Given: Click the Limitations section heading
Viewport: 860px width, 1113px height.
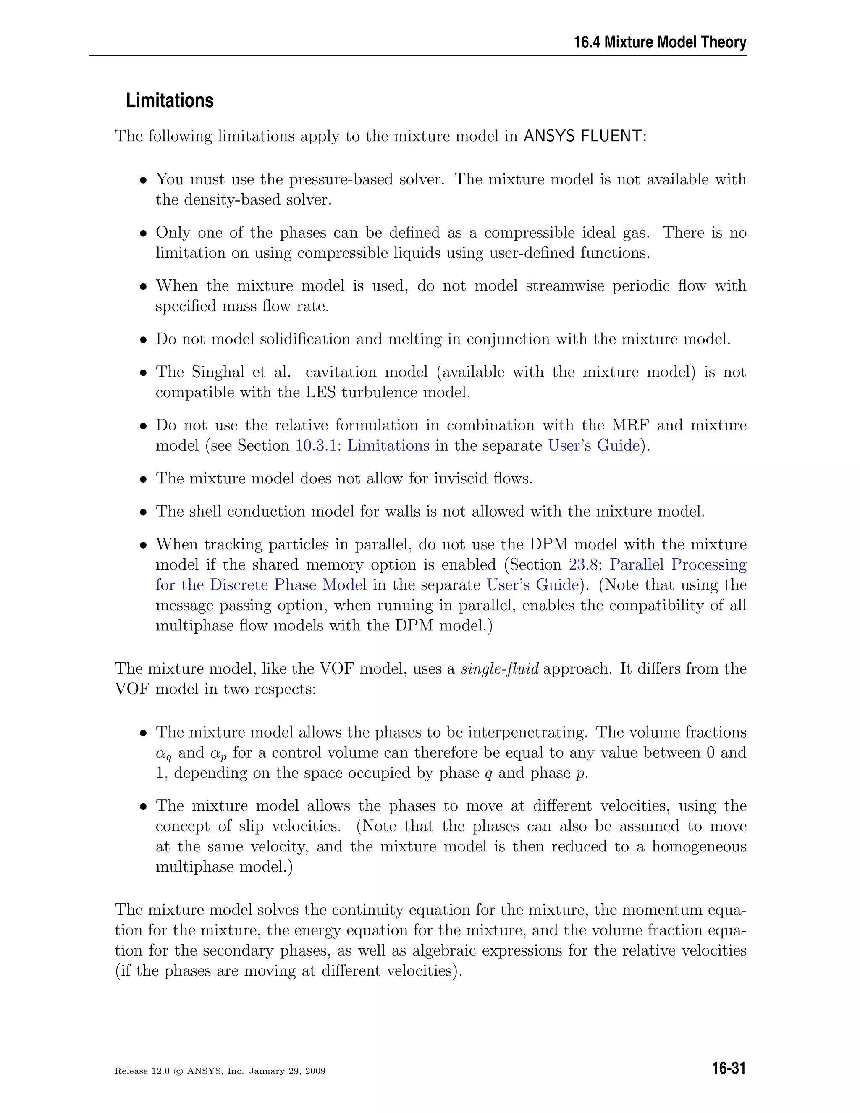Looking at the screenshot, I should tap(170, 100).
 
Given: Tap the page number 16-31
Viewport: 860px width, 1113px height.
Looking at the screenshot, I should tap(729, 1068).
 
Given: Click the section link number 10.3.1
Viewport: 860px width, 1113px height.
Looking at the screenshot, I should tap(316, 445).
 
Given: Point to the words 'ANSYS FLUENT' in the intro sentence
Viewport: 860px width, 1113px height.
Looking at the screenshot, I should tap(583, 136).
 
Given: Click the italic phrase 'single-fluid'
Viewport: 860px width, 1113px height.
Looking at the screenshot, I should tap(499, 669).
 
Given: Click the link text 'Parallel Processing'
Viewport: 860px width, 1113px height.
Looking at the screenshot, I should tap(678, 564).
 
